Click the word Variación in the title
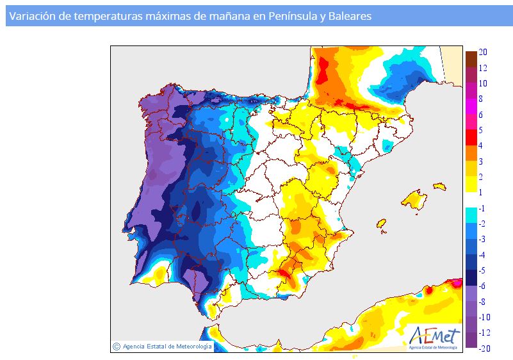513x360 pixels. tap(33, 16)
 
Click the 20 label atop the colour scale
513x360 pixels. tap(483, 52)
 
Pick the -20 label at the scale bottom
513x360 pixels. tap(485, 348)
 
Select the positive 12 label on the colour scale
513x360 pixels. tap(483, 68)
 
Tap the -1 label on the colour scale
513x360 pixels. tap(482, 208)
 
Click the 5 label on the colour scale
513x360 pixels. tap(480, 130)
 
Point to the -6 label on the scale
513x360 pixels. tap(482, 286)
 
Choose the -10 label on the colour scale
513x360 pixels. tap(485, 317)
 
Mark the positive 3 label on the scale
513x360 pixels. tap(480, 161)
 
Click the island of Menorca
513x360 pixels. tap(440, 186)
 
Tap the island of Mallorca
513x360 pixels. tap(414, 200)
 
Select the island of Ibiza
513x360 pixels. tap(382, 224)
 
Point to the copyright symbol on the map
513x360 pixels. tap(116, 347)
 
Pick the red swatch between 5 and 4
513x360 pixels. tap(471, 138)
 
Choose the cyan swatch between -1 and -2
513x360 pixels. tap(471, 216)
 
